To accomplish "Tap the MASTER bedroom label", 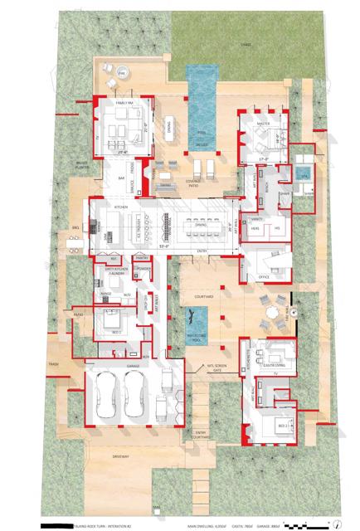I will [263, 124].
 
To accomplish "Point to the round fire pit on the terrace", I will [123, 74].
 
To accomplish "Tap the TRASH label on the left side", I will [54, 363].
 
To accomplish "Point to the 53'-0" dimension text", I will [165, 246].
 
